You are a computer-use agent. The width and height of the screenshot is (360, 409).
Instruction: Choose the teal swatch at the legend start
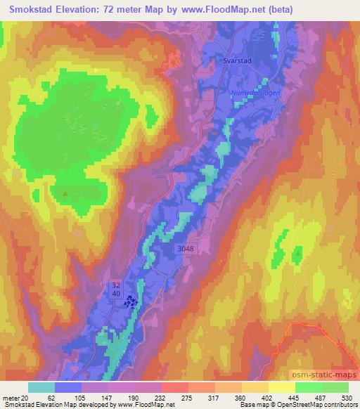(41, 387)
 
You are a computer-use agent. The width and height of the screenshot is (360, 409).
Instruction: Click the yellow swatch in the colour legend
(282, 387)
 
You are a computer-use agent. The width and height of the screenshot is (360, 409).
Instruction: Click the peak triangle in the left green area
(65, 193)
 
